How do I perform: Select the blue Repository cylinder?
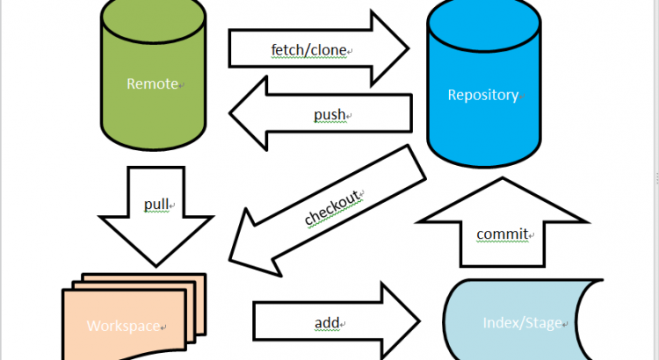482,123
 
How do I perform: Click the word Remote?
152,84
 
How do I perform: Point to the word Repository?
483,95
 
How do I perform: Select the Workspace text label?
124,326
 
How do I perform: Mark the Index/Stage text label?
522,323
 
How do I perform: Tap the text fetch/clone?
309,50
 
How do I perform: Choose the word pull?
156,205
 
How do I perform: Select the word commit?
502,234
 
